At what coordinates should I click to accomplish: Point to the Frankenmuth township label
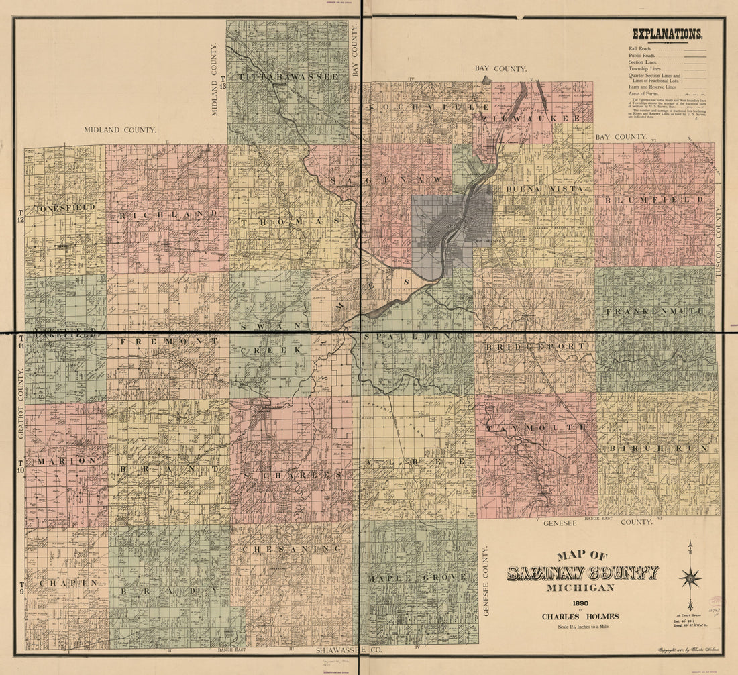(655, 311)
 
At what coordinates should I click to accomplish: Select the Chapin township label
(68, 583)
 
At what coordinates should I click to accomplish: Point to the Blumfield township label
(654, 200)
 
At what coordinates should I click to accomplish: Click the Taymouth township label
(537, 427)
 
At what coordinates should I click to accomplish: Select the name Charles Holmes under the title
(580, 617)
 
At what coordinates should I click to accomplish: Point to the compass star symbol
(690, 577)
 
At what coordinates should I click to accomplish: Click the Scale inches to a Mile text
(580, 628)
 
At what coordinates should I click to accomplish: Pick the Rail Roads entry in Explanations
(642, 49)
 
